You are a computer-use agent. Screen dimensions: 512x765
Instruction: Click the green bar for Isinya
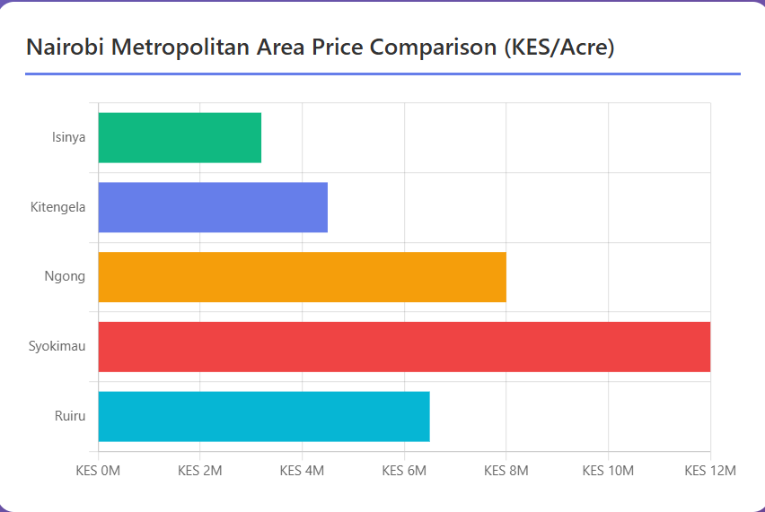[x=180, y=137]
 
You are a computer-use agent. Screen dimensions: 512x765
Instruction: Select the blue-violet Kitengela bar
[x=213, y=207]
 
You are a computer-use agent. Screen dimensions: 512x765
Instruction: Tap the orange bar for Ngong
[x=302, y=277]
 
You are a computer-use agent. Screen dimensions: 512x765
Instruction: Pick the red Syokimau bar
[x=404, y=346]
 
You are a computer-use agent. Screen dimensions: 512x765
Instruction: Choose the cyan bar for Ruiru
[x=264, y=416]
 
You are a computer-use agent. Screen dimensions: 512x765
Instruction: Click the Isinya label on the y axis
[x=68, y=137]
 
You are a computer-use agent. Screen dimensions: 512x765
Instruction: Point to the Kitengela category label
[x=57, y=207]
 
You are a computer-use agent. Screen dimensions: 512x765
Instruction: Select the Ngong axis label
[x=65, y=277]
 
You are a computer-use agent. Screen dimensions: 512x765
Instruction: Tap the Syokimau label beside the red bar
[x=57, y=346]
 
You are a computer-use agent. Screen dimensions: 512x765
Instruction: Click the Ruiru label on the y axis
[x=69, y=416]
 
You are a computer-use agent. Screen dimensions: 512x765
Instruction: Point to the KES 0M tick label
[x=98, y=471]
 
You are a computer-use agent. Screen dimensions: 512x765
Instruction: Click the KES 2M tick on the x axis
[x=200, y=471]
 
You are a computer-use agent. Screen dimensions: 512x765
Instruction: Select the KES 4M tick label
[x=302, y=471]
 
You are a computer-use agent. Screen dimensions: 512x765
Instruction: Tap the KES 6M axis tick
[x=404, y=471]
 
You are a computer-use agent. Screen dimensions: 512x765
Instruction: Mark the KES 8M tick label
[x=506, y=471]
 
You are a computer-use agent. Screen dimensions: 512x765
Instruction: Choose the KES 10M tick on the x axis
[x=608, y=471]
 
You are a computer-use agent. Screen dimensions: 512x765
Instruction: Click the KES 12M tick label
[x=709, y=471]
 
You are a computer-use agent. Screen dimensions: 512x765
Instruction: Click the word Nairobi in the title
[x=63, y=48]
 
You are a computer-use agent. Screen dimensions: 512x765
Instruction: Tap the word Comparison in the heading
[x=428, y=48]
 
